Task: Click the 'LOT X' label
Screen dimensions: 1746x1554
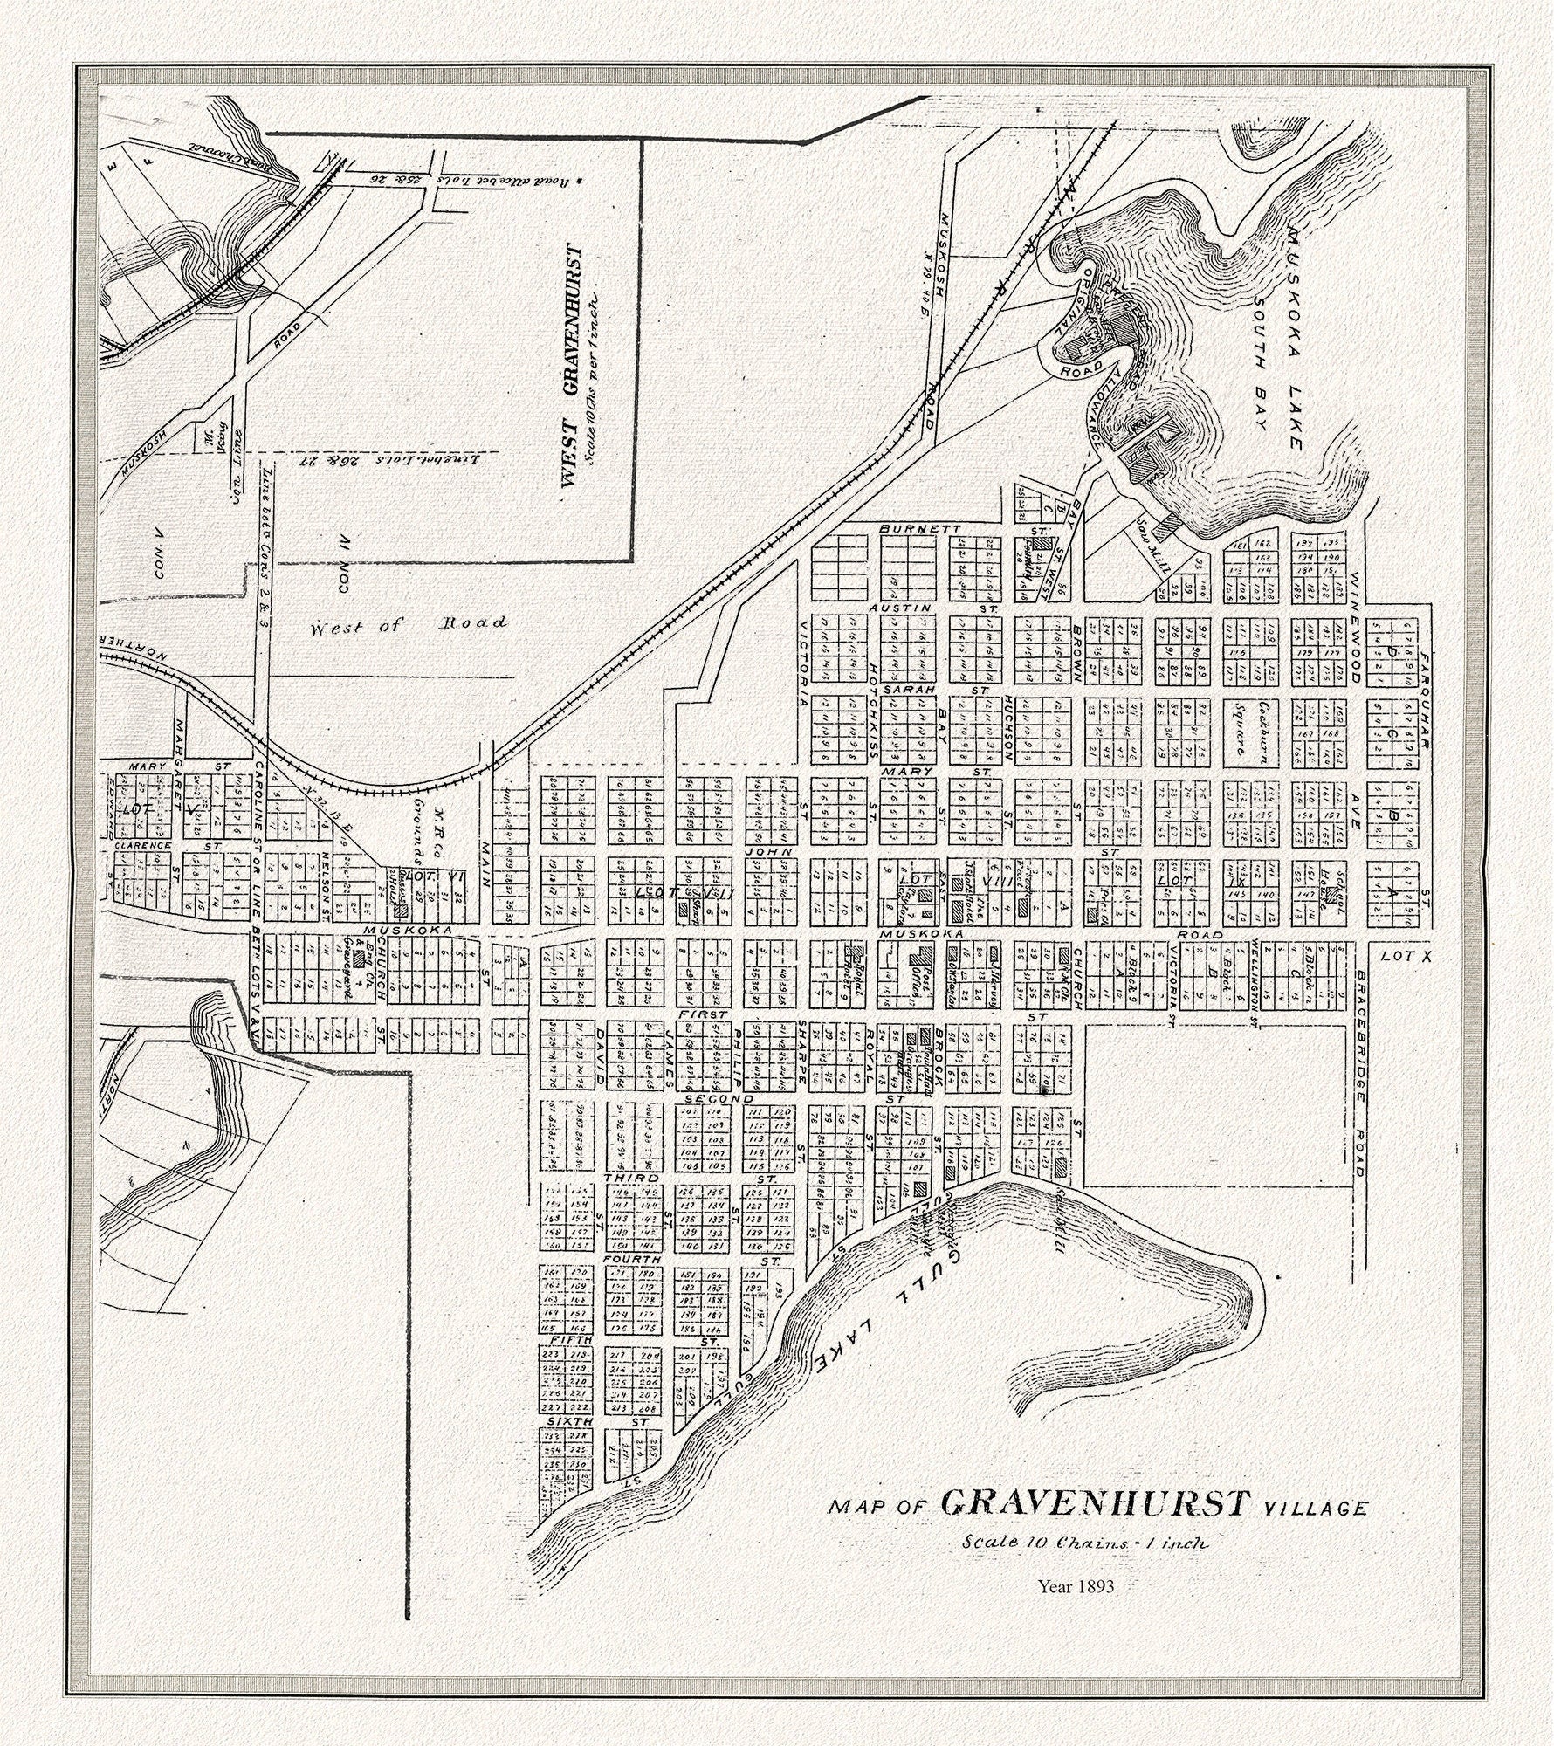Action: [x=1406, y=957]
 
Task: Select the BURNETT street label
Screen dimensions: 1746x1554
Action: [x=908, y=529]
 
